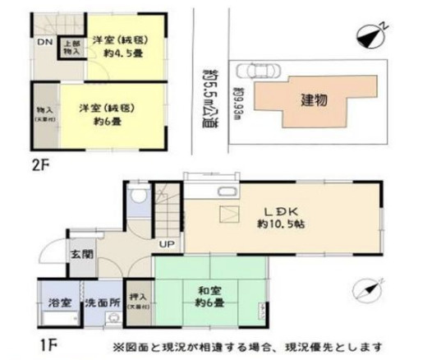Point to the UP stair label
[165, 245]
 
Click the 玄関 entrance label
[80, 253]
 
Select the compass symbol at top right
[372, 35]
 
